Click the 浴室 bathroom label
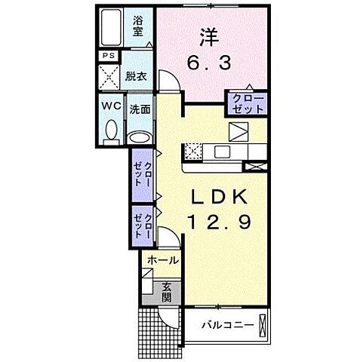(x=138, y=26)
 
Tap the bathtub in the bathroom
(x=111, y=27)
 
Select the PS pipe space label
(x=109, y=55)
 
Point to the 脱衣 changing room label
(x=136, y=76)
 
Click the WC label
(x=111, y=106)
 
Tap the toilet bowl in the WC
(x=111, y=130)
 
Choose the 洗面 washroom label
(x=140, y=109)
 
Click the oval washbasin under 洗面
(x=140, y=137)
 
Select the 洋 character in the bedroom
(x=209, y=38)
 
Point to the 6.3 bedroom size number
(x=208, y=63)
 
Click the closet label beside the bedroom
(x=248, y=104)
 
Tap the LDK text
(x=220, y=197)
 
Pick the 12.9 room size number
(x=220, y=222)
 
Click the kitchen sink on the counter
(x=222, y=152)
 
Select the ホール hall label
(x=163, y=260)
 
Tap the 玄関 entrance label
(x=167, y=293)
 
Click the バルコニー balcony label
(x=228, y=326)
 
